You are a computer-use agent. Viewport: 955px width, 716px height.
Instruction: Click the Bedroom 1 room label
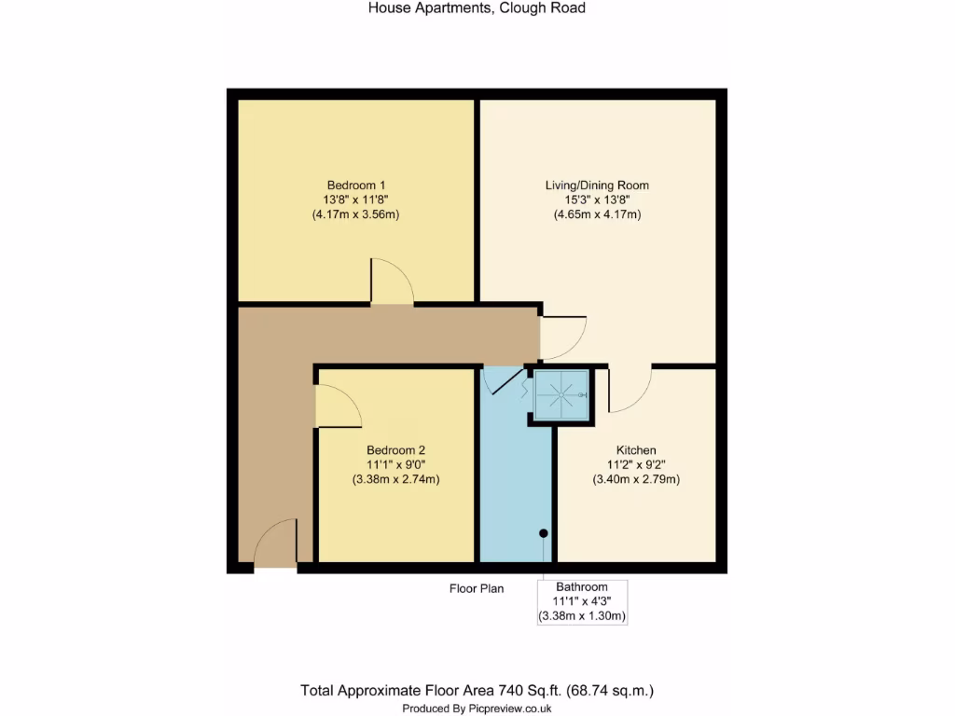coord(356,185)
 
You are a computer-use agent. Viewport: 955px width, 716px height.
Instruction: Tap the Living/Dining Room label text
coord(597,186)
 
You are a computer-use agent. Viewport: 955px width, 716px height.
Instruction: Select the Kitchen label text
coord(635,450)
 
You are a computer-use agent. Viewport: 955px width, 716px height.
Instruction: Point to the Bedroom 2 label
coord(395,449)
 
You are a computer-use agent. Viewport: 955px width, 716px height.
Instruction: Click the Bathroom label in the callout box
coord(582,587)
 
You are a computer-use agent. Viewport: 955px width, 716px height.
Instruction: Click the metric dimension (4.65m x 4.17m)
coord(597,214)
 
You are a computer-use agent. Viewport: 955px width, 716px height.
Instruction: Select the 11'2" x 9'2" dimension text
coord(635,465)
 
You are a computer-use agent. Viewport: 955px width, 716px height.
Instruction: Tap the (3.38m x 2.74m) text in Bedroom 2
coord(395,480)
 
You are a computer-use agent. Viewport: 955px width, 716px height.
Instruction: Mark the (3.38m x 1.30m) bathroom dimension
coord(582,616)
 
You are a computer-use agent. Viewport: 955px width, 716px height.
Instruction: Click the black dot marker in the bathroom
coord(544,533)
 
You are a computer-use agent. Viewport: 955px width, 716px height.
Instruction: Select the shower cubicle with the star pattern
coord(561,396)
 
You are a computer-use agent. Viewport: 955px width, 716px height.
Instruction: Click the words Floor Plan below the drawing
coord(476,588)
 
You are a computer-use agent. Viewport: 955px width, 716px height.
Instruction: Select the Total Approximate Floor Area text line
coord(477,691)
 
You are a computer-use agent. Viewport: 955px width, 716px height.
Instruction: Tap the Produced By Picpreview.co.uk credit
coord(477,709)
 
